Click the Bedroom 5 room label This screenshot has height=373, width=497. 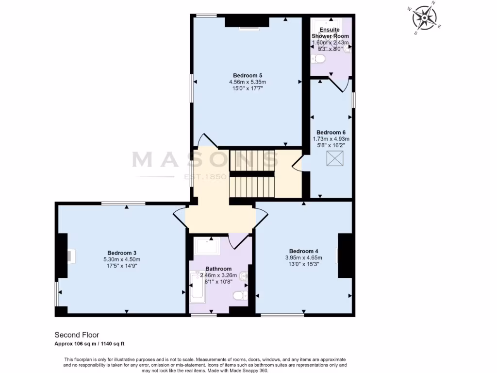pos(248,75)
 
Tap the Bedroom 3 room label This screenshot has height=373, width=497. pos(121,253)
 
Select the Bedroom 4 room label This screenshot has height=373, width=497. pos(303,251)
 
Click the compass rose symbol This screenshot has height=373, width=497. pos(424,18)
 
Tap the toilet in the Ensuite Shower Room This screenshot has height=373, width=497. pos(318,59)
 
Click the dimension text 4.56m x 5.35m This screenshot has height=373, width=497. pos(248,82)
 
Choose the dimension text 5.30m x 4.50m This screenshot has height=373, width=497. pos(121,259)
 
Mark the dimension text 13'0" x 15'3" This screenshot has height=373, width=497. pos(303,264)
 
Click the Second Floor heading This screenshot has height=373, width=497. pos(77,335)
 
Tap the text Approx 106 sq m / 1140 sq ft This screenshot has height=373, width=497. pos(89,344)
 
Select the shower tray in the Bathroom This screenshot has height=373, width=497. pos(207,246)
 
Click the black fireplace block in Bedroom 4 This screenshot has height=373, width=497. pos(345,255)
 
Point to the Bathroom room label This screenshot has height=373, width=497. pos(218,269)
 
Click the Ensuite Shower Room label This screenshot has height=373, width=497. pos(330,33)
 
